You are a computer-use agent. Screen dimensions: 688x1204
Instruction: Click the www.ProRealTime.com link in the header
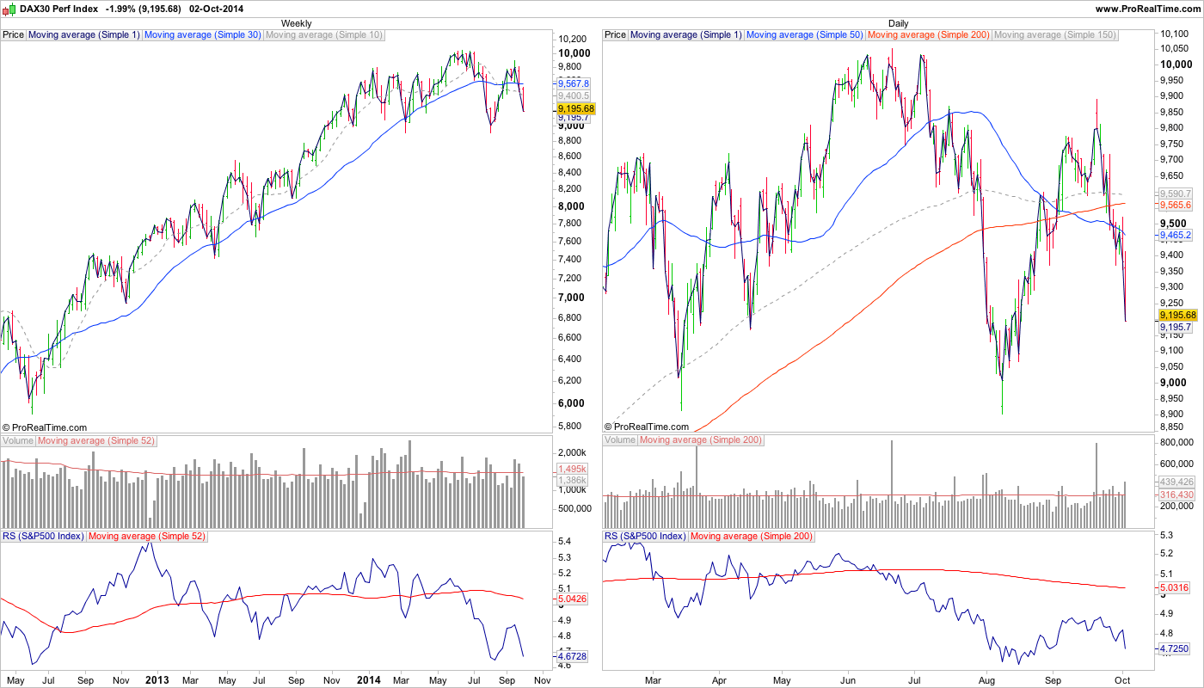tap(1148, 8)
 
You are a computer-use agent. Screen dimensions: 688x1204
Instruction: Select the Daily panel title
tap(898, 23)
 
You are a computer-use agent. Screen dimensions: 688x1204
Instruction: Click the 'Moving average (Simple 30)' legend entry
tap(202, 35)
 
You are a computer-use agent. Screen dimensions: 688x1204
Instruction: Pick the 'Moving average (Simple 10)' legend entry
tap(324, 35)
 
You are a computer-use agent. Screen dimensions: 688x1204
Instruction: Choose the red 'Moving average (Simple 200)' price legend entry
tap(928, 35)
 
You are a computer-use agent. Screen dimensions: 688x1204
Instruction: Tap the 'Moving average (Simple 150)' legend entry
tap(1054, 35)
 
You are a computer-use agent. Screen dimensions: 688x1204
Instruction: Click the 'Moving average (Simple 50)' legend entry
tap(805, 35)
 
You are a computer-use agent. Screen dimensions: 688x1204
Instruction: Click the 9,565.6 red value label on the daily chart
tap(1176, 206)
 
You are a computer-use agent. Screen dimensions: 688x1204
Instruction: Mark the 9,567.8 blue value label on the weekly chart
tap(573, 83)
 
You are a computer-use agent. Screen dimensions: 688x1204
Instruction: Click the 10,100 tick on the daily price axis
tap(1175, 34)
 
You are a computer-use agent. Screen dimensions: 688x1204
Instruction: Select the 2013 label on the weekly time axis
tap(157, 679)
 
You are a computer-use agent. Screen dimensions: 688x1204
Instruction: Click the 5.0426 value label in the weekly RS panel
tap(572, 599)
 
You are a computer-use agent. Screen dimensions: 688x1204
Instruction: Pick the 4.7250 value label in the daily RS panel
tap(1174, 648)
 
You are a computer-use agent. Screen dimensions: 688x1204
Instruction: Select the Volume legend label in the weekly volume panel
tap(18, 440)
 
